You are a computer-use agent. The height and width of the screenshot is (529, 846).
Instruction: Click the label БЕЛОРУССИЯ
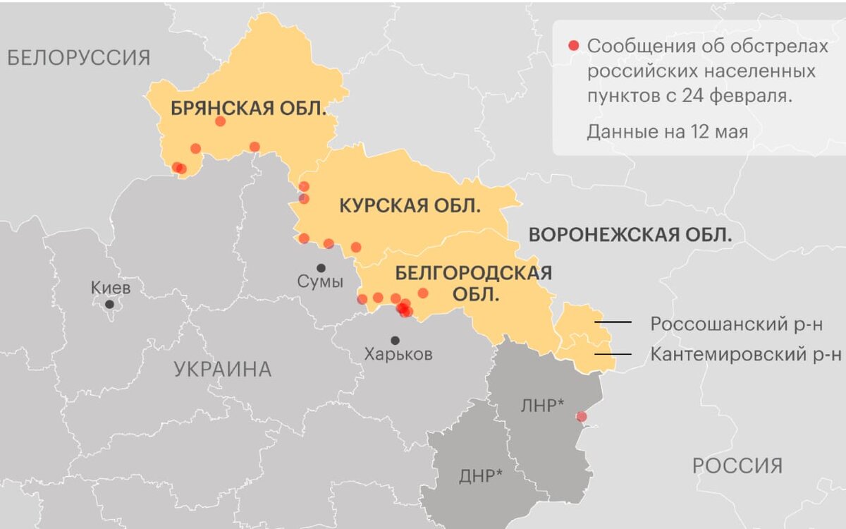(x=79, y=57)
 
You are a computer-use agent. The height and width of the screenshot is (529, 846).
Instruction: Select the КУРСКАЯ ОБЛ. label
(x=410, y=206)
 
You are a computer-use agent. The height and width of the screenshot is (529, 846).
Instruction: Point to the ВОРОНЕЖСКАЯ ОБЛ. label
(x=630, y=234)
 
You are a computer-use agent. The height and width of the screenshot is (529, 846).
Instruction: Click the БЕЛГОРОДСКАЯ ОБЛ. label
(x=473, y=283)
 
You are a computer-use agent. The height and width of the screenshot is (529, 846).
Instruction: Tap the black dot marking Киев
(x=109, y=304)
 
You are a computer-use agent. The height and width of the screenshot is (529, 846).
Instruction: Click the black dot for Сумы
(x=321, y=268)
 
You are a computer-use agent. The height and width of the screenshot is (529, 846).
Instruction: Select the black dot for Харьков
(x=395, y=340)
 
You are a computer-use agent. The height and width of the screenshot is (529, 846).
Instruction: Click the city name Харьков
(x=398, y=355)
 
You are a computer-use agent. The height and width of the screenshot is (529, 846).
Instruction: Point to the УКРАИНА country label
(x=222, y=369)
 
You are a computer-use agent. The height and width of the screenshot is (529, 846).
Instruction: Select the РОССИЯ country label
(x=737, y=466)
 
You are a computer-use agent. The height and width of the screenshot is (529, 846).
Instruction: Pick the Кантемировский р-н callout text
(x=745, y=354)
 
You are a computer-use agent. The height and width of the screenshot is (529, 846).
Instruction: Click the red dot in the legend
(x=573, y=46)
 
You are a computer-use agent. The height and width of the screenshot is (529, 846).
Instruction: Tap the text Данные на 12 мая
(x=667, y=131)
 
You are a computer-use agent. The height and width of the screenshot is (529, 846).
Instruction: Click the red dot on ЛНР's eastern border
(x=581, y=417)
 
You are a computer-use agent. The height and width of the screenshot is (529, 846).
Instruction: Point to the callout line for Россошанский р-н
(x=613, y=323)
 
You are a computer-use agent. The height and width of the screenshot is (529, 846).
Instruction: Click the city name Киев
(x=111, y=288)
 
